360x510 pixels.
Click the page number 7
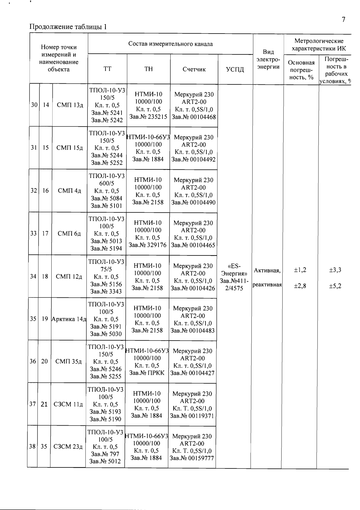344,20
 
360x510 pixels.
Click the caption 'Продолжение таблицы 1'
68,27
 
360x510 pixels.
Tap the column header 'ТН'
148,69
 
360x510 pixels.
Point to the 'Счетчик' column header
194,69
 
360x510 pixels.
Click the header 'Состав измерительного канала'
170,44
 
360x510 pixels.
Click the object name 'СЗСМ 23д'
68,447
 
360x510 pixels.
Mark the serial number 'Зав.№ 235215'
148,117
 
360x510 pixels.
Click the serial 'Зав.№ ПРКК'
147,373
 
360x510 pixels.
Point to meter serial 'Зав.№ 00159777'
192,458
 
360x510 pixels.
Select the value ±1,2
300,270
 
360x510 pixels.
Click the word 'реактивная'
267,285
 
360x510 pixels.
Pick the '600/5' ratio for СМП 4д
106,183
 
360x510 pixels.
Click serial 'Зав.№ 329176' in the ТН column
148,245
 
